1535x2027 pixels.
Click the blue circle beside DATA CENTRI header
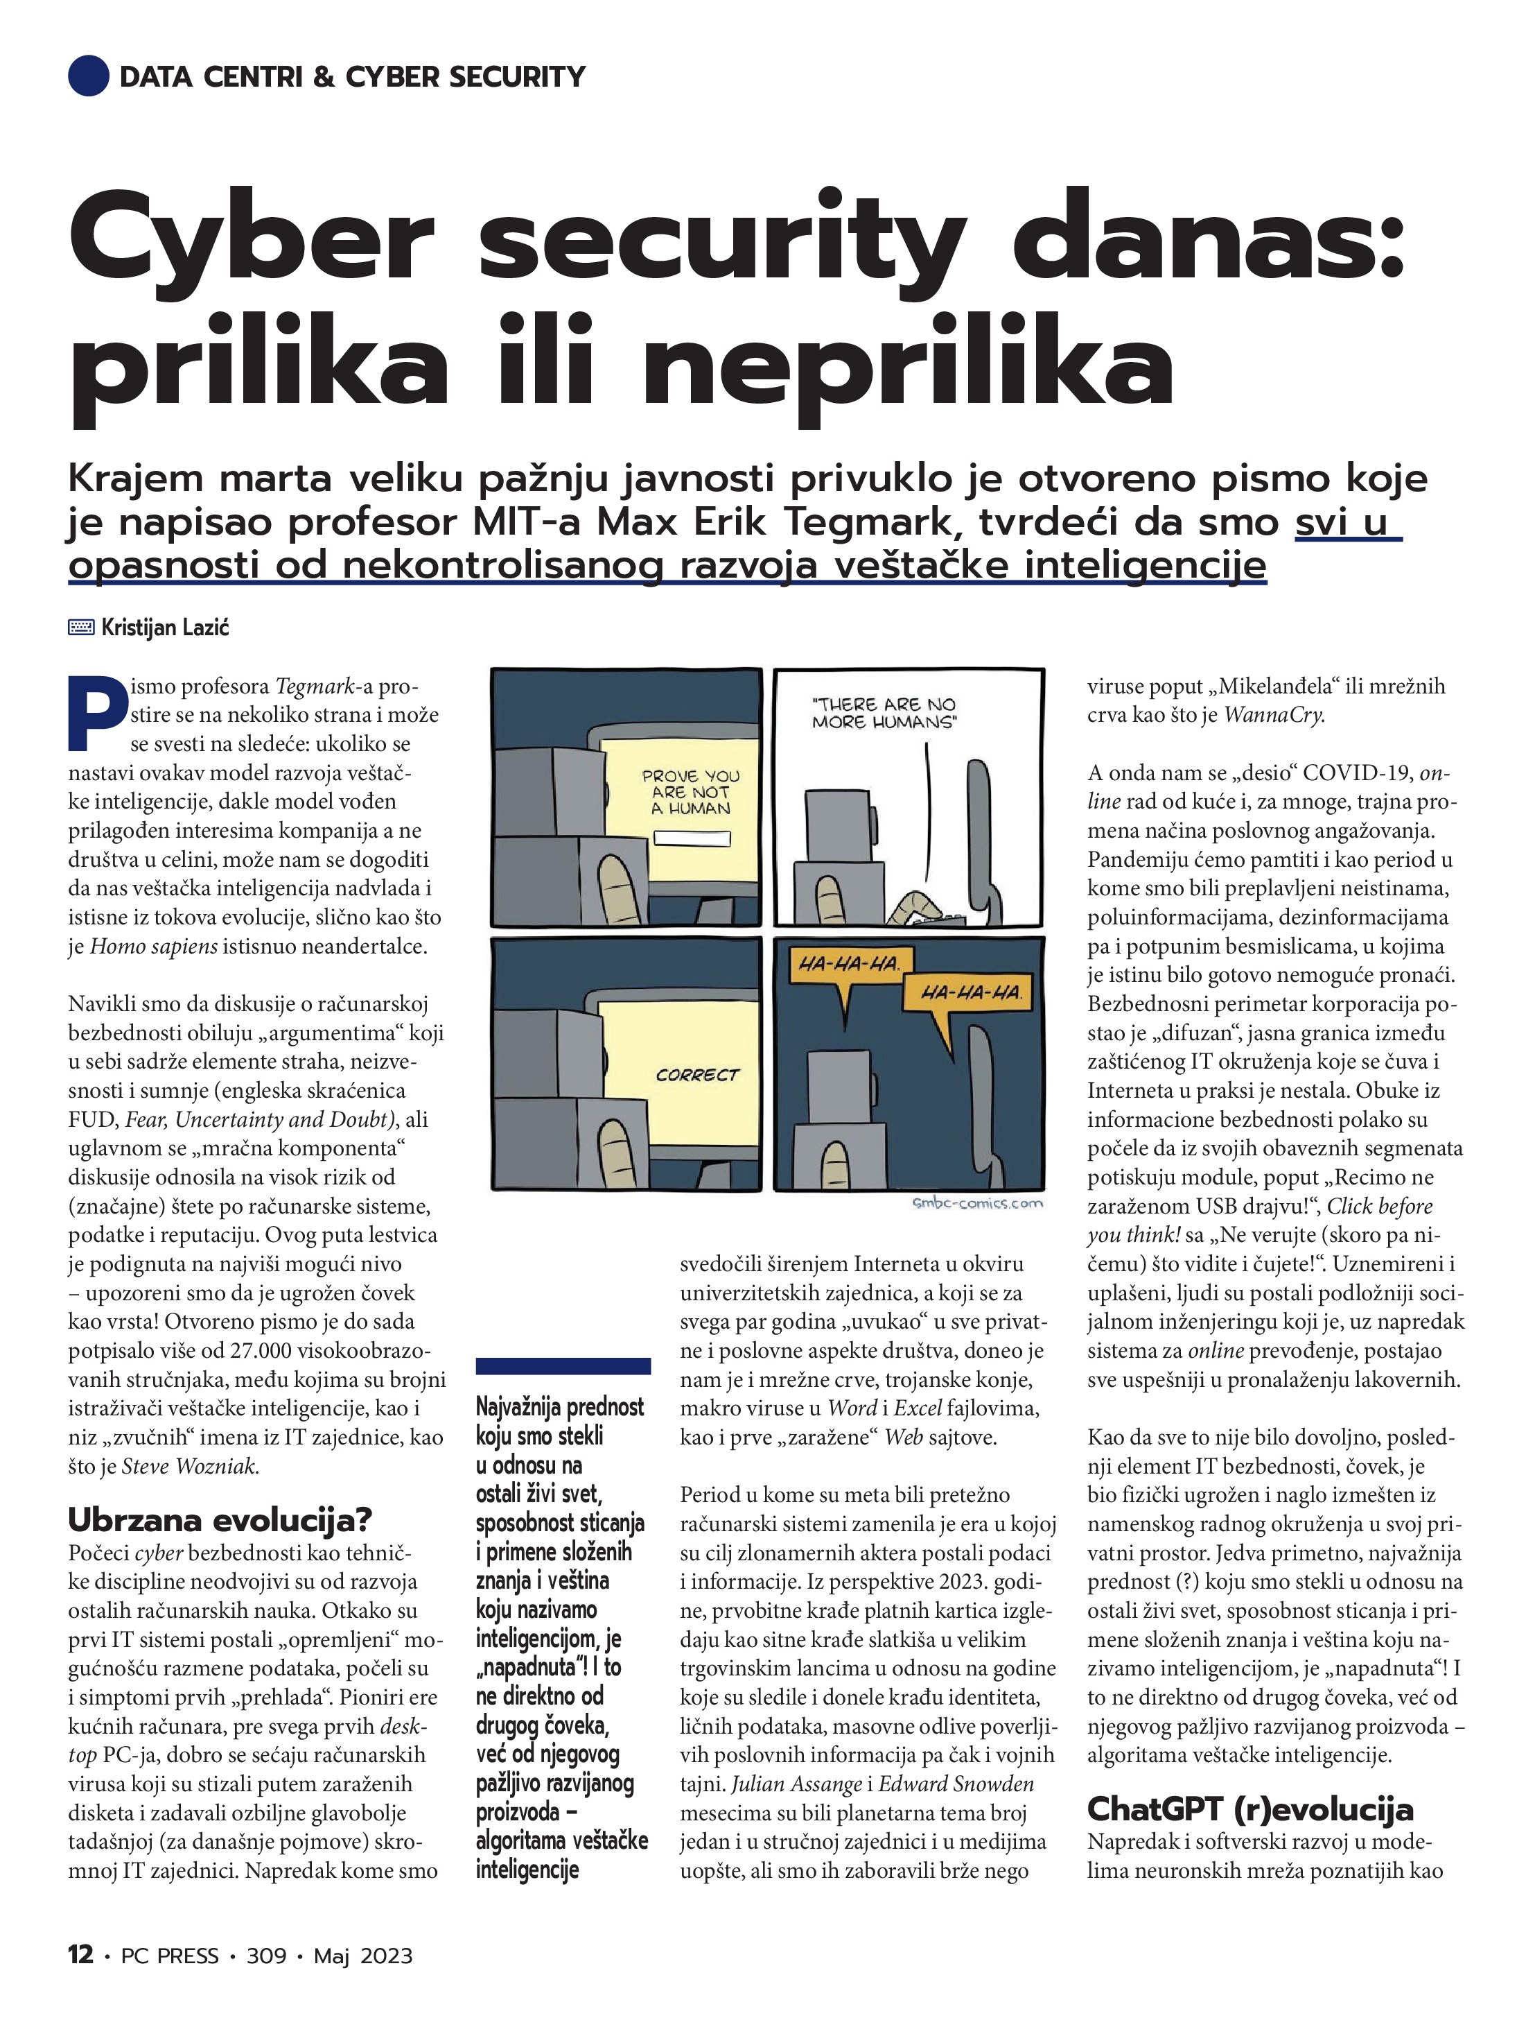click(x=88, y=76)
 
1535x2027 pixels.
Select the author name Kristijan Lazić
click(x=165, y=628)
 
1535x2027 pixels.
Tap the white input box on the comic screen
click(x=693, y=838)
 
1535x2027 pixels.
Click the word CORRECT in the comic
click(x=697, y=1075)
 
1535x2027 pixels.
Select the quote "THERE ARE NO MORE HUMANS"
click(x=884, y=713)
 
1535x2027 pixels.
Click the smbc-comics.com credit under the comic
click(x=977, y=1203)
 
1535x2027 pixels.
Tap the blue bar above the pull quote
click(x=563, y=1366)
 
